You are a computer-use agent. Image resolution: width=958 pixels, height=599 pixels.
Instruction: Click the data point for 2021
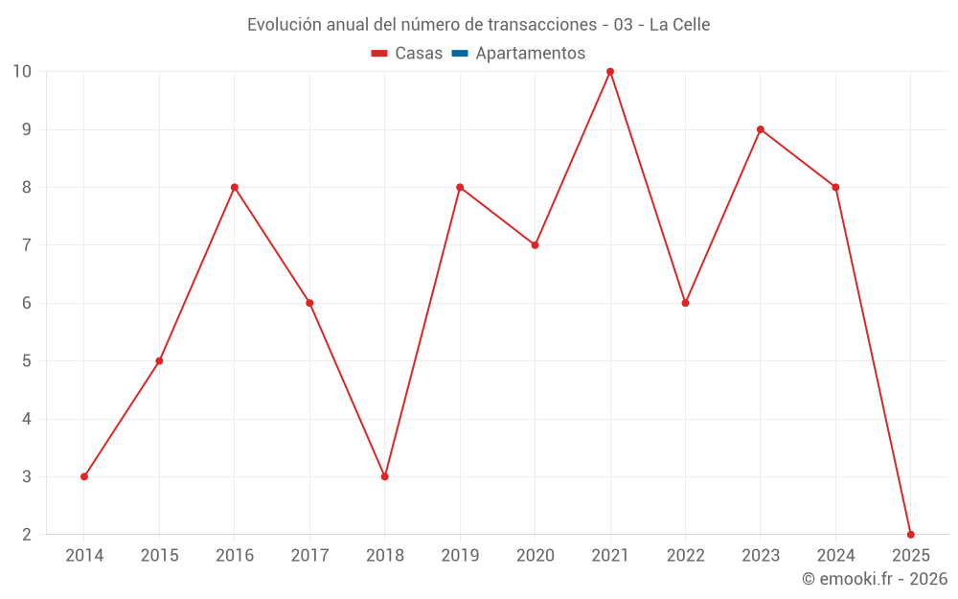[610, 72]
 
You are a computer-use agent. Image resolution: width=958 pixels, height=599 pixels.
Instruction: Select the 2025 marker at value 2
[910, 534]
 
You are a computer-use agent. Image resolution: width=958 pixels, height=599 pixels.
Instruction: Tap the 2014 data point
[84, 476]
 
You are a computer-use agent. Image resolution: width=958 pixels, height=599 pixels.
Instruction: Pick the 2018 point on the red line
[384, 476]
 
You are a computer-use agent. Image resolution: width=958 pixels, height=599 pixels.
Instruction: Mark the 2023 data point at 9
[761, 129]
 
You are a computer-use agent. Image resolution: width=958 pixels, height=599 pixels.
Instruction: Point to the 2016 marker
[235, 187]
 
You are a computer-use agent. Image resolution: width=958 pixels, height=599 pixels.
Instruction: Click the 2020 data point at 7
[535, 245]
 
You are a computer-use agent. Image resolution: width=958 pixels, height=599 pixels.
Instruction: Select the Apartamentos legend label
[530, 54]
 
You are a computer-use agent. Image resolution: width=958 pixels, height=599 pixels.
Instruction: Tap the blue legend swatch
[460, 54]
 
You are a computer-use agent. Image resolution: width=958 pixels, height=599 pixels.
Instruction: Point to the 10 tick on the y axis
[22, 72]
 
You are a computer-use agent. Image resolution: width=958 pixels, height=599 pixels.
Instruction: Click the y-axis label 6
[27, 303]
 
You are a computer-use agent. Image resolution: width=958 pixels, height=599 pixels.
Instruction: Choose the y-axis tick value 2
[27, 534]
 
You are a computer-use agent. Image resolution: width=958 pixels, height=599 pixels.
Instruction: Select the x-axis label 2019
[460, 556]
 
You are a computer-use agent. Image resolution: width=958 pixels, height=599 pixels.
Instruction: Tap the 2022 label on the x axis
[685, 556]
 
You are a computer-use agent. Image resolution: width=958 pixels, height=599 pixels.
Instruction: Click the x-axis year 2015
[159, 556]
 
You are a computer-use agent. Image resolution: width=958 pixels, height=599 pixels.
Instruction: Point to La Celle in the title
[679, 25]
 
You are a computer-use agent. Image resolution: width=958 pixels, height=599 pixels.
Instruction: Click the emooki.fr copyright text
[874, 579]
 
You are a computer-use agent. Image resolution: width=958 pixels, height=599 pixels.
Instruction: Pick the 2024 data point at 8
[835, 187]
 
